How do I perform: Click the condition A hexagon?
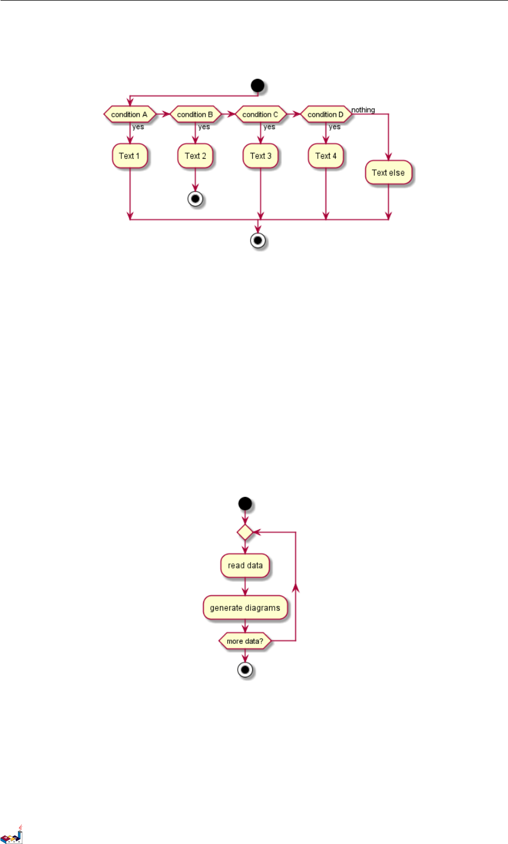pos(129,115)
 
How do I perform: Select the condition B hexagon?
pos(195,115)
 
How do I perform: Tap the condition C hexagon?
pos(260,115)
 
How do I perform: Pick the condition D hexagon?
pos(326,115)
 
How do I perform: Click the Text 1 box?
pos(129,156)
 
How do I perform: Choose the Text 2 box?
pos(195,156)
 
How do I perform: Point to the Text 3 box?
pos(261,156)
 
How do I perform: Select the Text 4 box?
pos(326,156)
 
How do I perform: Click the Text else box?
pos(388,173)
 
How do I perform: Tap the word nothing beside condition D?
pos(363,110)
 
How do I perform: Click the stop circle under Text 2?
pos(195,200)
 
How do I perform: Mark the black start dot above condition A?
pos(257,86)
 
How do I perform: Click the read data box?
pos(245,566)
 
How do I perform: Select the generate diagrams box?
pos(245,608)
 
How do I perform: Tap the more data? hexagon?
pos(244,641)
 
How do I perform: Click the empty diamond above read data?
pos(245,532)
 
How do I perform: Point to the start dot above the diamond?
pos(245,504)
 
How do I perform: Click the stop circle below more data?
pos(245,670)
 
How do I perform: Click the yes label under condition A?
pos(138,127)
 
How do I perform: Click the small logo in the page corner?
pos(12,834)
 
